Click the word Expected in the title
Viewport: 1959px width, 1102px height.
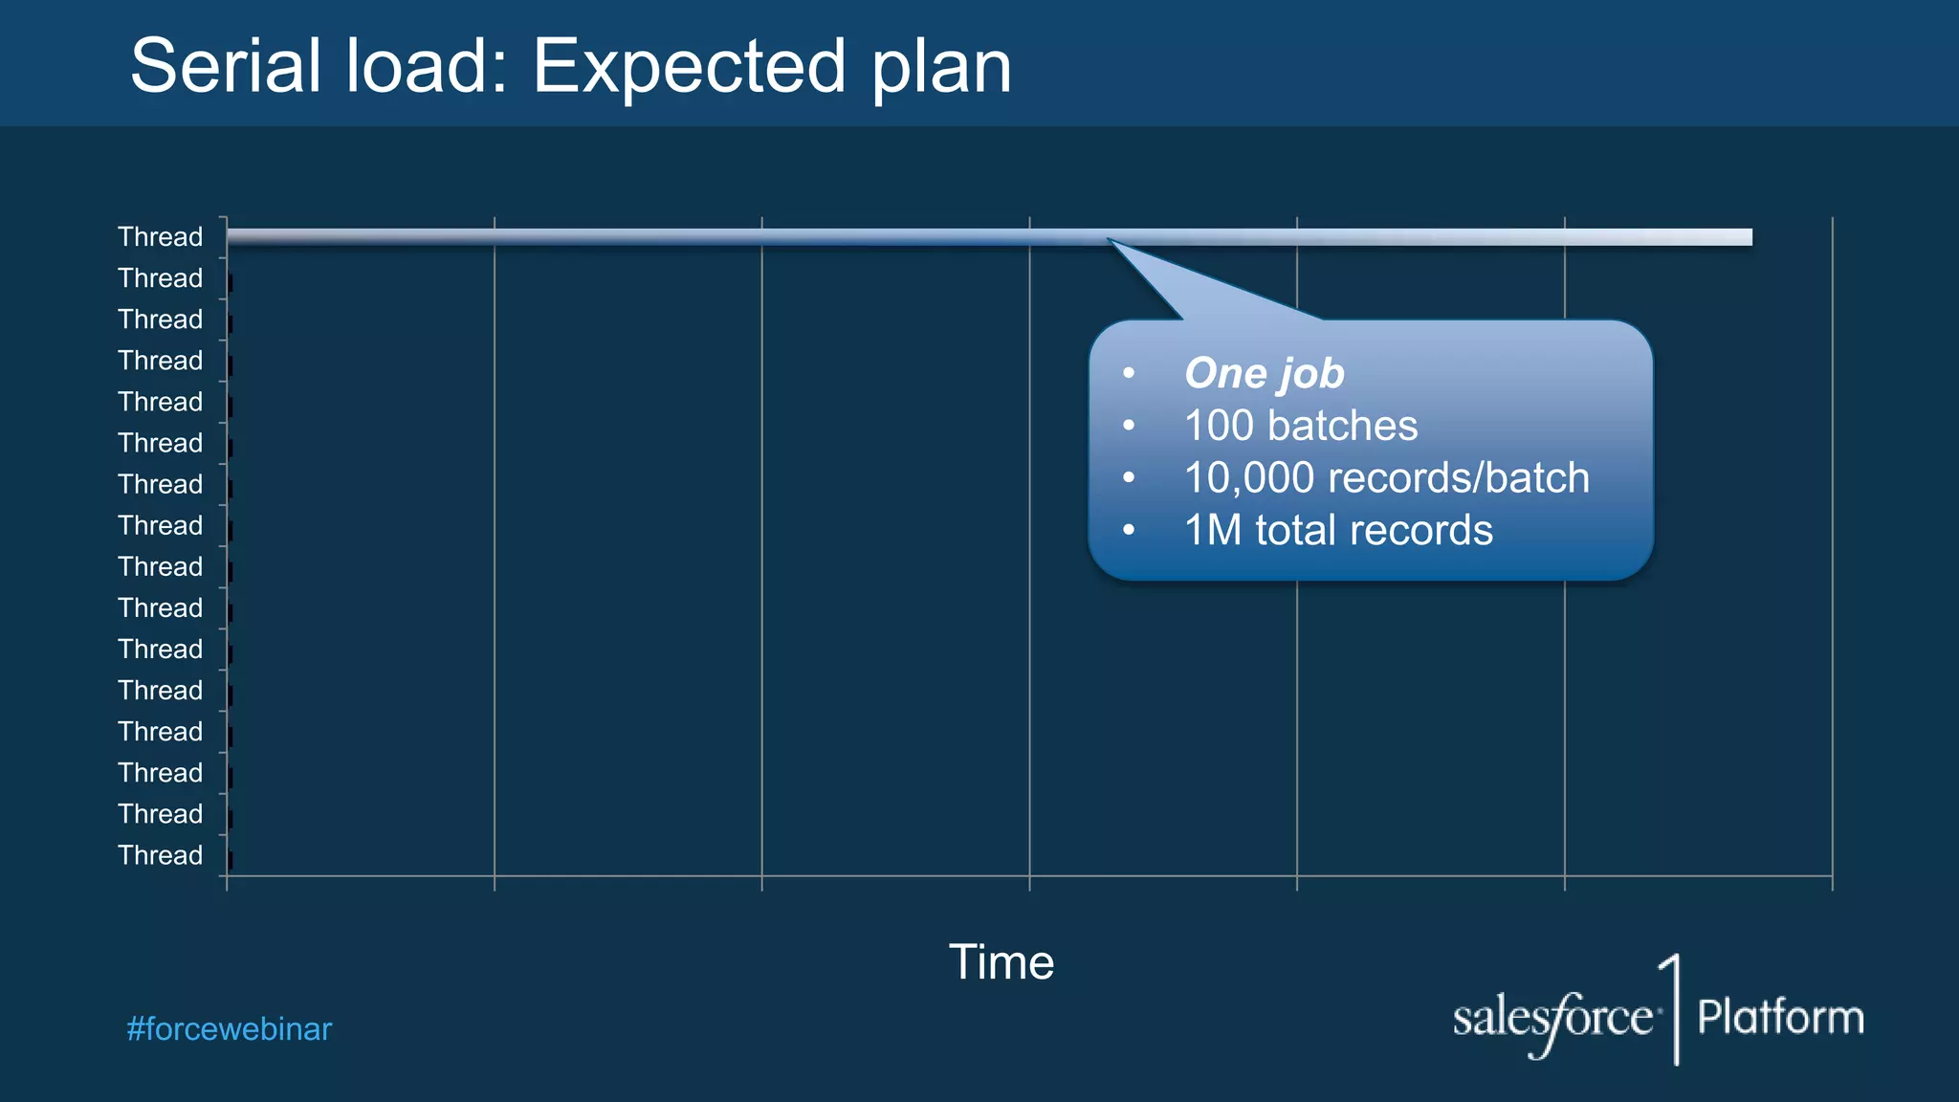tap(689, 67)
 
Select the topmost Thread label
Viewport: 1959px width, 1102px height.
tap(160, 237)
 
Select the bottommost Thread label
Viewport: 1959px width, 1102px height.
tap(160, 855)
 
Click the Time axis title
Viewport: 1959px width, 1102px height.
tap(1001, 962)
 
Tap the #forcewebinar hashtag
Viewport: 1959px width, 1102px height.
tap(229, 1029)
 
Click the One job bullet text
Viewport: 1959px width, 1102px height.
tap(1264, 373)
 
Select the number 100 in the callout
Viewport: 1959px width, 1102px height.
tap(1218, 426)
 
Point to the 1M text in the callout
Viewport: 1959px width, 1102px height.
tap(1212, 531)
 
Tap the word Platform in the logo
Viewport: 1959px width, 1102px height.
tap(1780, 1017)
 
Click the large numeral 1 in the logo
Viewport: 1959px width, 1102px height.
tap(1672, 1008)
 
